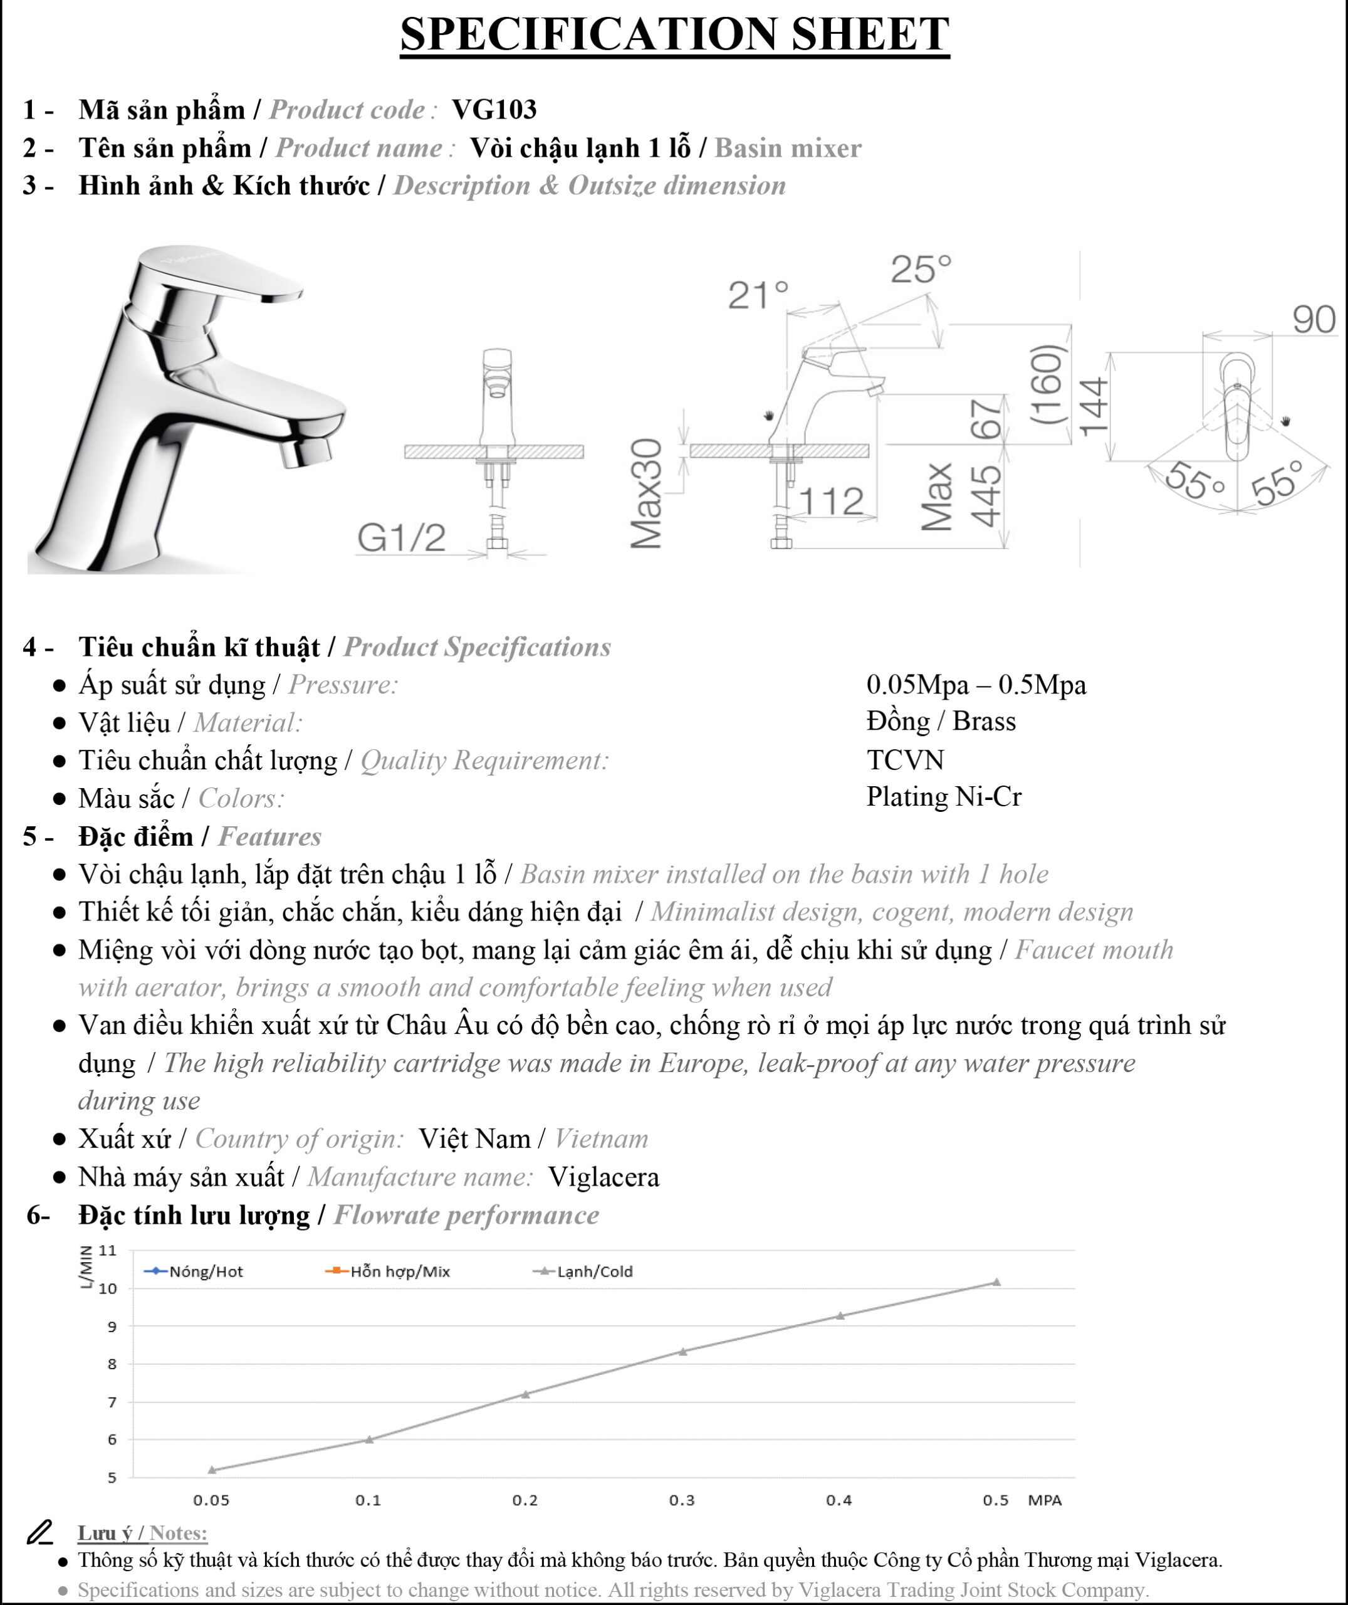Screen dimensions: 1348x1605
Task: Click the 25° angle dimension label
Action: [921, 269]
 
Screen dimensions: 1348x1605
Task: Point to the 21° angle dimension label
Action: [757, 295]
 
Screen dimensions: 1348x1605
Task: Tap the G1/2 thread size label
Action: [401, 537]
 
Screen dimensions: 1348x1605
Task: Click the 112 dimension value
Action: [832, 502]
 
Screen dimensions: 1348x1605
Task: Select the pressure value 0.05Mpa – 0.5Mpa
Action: [976, 684]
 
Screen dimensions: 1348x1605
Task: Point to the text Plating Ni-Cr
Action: [944, 796]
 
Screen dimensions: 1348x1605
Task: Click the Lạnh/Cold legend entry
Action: [582, 1271]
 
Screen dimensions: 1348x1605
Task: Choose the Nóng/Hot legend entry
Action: [194, 1271]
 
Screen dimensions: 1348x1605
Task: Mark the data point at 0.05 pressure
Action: [212, 1470]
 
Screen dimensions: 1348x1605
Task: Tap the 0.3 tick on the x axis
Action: [682, 1500]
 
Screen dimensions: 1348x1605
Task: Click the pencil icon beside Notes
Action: [39, 1532]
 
